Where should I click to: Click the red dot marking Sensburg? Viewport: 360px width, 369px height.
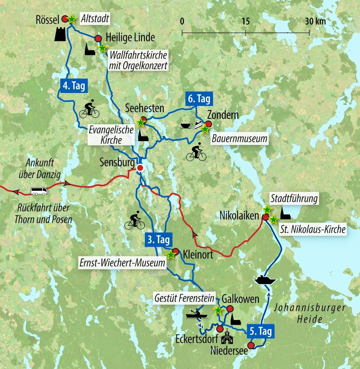(140, 168)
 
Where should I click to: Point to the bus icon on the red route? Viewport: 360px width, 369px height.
(39, 191)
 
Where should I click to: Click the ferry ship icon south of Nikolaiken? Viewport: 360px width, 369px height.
(265, 280)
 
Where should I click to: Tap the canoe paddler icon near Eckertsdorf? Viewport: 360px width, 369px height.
(197, 314)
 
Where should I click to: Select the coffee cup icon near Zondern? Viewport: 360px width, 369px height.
(186, 126)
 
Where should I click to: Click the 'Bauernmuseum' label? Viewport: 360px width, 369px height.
(240, 138)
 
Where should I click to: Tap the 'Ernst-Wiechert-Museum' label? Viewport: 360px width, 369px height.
(122, 263)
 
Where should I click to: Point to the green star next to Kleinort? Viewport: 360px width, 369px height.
(171, 255)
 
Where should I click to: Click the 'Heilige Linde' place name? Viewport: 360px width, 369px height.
(130, 37)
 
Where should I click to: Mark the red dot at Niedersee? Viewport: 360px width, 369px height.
(251, 346)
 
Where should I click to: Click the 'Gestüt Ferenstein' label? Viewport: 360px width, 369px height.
(185, 298)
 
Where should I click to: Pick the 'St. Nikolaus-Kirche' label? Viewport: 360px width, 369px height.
(312, 229)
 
